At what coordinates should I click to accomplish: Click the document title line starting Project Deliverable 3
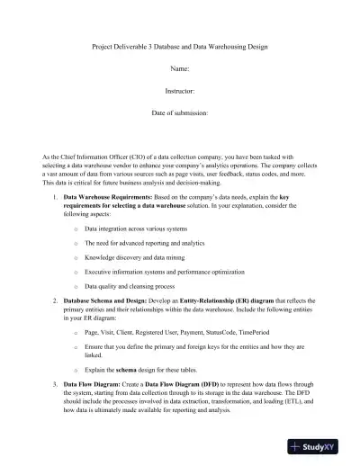click(x=180, y=46)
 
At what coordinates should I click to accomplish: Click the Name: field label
click(x=180, y=68)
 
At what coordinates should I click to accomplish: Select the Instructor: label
click(x=180, y=91)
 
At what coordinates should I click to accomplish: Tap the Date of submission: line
click(x=180, y=114)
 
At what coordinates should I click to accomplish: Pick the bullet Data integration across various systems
click(x=135, y=229)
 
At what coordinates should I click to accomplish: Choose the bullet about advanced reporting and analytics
click(x=136, y=242)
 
